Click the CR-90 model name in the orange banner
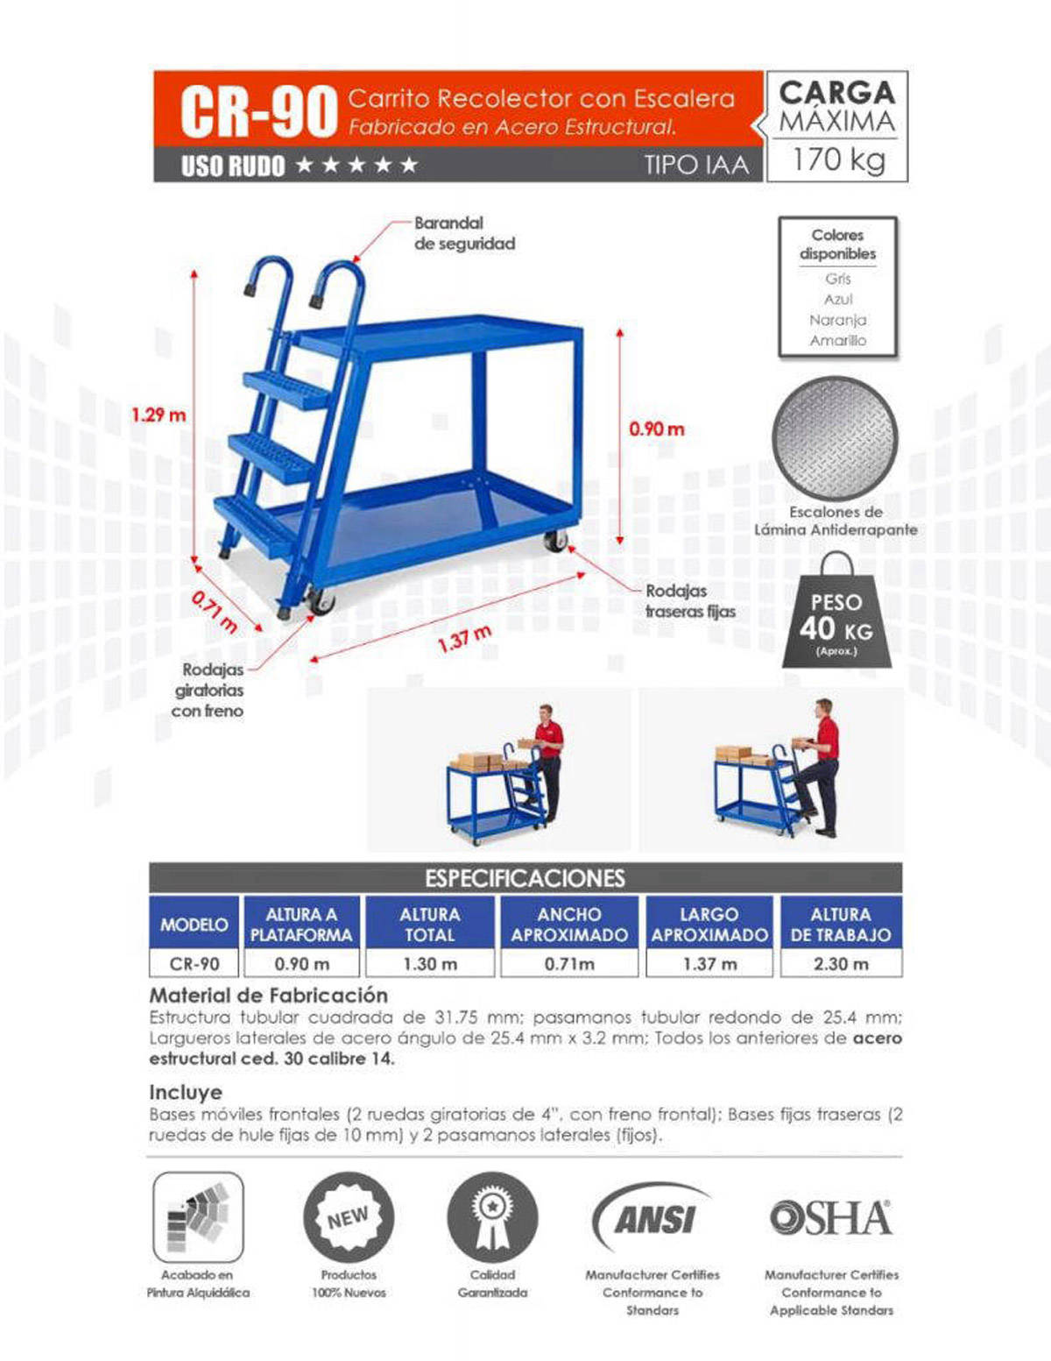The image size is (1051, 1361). (x=258, y=111)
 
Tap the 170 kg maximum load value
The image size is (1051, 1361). (x=838, y=159)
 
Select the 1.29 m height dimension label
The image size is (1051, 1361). (x=159, y=415)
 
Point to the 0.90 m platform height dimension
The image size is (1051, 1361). (x=656, y=429)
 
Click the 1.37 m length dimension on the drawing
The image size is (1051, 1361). (x=464, y=638)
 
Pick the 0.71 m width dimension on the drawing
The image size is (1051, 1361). (x=214, y=611)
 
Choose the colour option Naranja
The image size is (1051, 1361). (x=837, y=320)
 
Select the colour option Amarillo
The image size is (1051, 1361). (x=837, y=340)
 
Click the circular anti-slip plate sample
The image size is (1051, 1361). (x=835, y=438)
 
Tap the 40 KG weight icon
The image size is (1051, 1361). (x=836, y=617)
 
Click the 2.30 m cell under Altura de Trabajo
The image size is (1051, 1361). (x=841, y=963)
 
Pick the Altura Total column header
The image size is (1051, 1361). (x=429, y=924)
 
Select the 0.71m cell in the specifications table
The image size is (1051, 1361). (x=569, y=963)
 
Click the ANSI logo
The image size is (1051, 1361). (x=652, y=1218)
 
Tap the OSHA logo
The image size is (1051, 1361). (x=830, y=1217)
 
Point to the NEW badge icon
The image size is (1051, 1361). (x=349, y=1217)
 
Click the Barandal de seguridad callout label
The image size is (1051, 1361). (x=464, y=233)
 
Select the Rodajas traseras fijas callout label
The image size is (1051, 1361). (x=690, y=601)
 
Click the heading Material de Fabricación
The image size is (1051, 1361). (x=268, y=995)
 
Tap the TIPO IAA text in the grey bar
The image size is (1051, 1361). (x=696, y=165)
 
